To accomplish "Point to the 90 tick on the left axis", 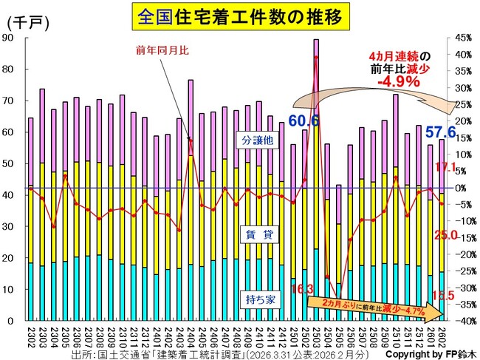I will [10, 38].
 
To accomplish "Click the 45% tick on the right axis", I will [463, 38].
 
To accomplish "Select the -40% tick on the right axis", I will [462, 322].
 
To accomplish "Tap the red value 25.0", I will [447, 235].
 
